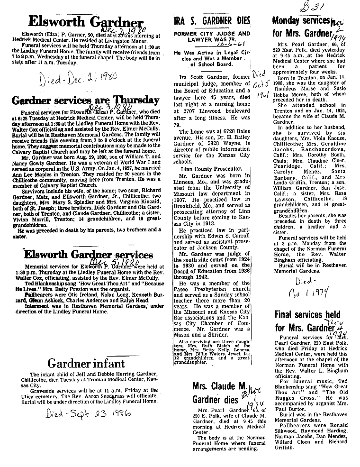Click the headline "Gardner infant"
tap(86, 364)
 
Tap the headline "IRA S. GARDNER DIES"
tap(212, 20)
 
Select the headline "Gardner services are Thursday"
tap(85, 100)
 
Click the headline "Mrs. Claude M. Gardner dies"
tap(219, 392)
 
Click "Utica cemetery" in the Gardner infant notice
tap(36, 392)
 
